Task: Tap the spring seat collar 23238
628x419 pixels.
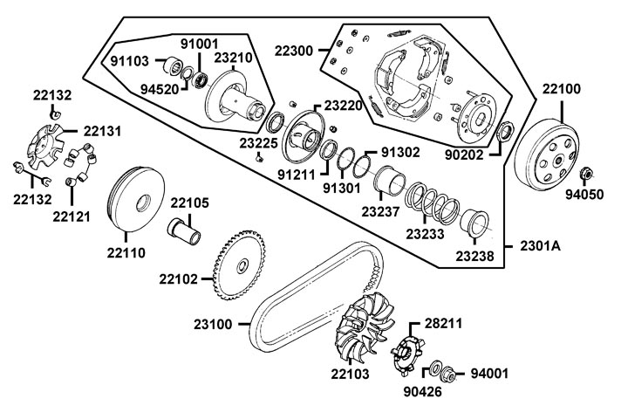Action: [x=474, y=224]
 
